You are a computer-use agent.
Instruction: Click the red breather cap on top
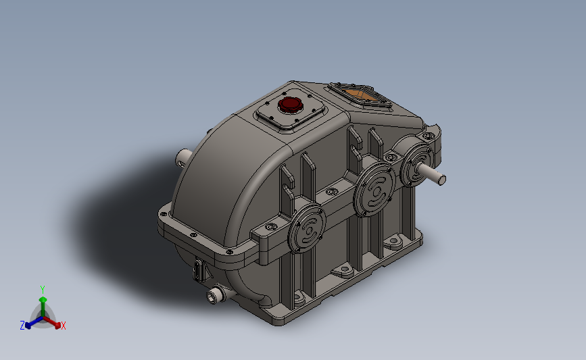(291, 105)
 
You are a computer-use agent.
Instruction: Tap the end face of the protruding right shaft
(441, 180)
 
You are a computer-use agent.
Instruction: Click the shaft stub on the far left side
(182, 158)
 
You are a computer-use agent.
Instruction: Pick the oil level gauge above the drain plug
(199, 269)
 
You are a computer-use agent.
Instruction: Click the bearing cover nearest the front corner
(306, 228)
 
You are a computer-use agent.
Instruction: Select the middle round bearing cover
(374, 189)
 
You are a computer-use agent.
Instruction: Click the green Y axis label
(43, 290)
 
